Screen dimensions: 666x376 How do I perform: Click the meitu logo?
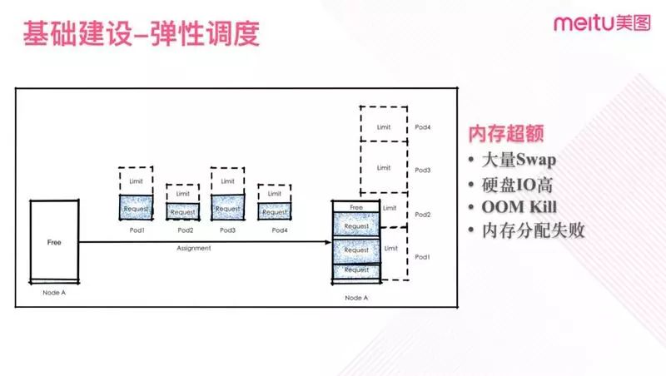(602, 23)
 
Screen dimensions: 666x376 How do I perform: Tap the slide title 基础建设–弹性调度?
(141, 33)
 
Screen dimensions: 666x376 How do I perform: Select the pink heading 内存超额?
(506, 133)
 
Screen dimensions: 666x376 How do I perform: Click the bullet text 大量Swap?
(519, 160)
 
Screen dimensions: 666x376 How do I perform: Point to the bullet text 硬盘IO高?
(517, 185)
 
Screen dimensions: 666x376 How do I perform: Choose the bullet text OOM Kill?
(519, 207)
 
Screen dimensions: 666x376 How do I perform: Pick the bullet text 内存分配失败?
(533, 231)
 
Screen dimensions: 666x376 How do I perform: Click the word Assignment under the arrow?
(194, 248)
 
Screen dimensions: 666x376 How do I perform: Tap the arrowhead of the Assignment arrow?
(328, 242)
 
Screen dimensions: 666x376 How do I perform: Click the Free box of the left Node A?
(54, 240)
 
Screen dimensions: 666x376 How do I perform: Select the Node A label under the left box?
(54, 292)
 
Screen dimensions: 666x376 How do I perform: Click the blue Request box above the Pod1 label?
(136, 207)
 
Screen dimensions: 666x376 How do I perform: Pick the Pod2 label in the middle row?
(185, 230)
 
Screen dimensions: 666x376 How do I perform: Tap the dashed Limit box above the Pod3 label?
(227, 181)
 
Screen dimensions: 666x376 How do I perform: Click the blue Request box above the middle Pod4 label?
(275, 211)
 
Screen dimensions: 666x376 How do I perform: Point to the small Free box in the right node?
(356, 206)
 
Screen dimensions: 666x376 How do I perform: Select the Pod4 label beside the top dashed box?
(423, 127)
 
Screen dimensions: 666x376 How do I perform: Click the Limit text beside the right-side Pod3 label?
(384, 168)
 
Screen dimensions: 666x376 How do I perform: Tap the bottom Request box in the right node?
(356, 270)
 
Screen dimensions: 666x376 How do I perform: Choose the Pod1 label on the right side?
(422, 257)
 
